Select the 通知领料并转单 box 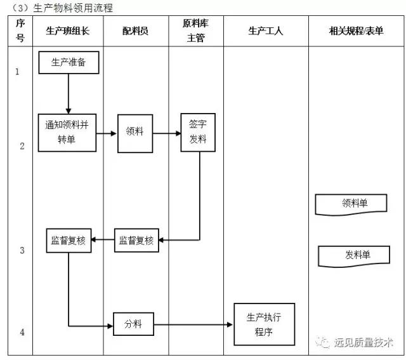tap(67, 133)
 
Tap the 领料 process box tap(134, 133)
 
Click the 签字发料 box tap(199, 133)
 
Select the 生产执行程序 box tap(264, 324)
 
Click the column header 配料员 tap(135, 30)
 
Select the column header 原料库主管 tap(196, 30)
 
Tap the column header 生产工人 tap(265, 30)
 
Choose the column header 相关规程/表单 tap(356, 30)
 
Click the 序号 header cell tap(20, 30)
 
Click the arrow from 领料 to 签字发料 tap(167, 133)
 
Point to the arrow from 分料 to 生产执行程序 tap(193, 324)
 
